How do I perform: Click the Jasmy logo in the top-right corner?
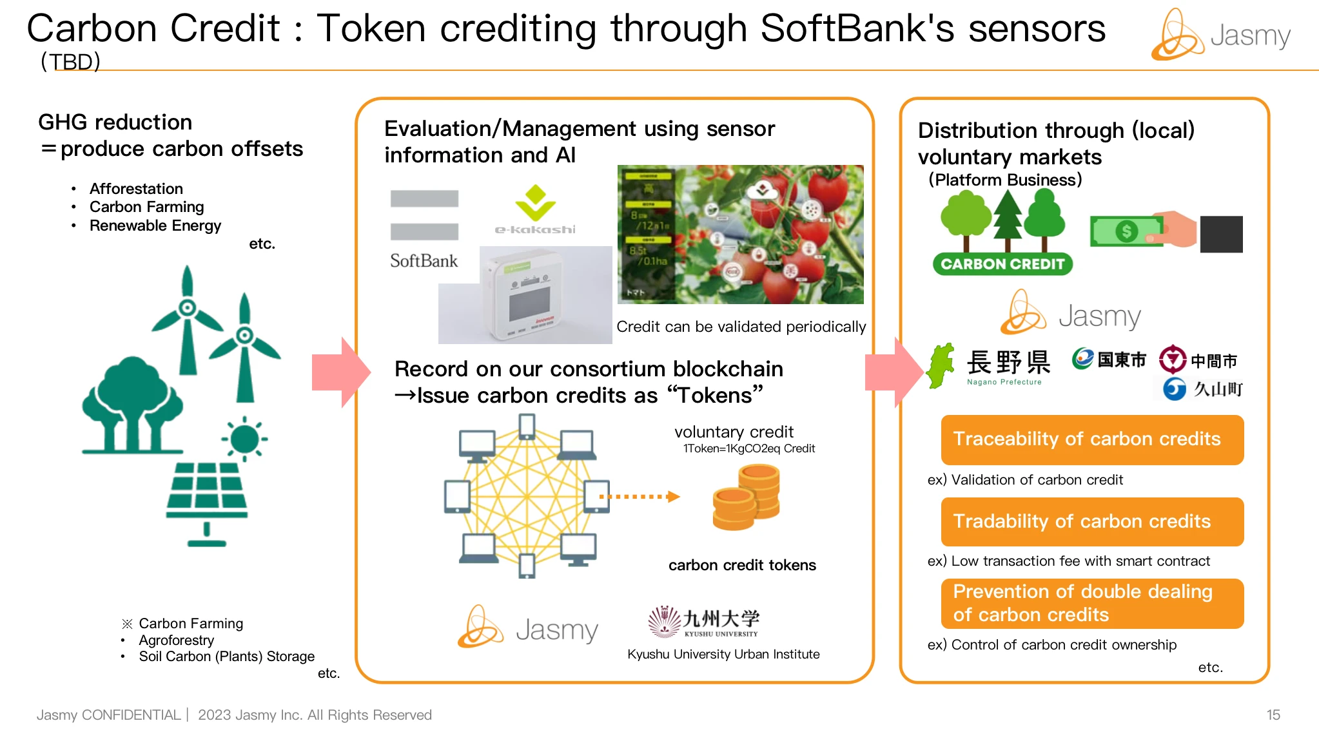[1220, 35]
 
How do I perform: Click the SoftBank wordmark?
[424, 261]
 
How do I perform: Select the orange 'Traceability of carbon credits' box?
[1091, 439]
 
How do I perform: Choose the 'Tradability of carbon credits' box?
[1091, 521]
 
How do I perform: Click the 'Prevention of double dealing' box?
[1091, 603]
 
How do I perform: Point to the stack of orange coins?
[747, 497]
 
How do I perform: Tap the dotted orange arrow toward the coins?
[639, 497]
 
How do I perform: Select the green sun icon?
[244, 439]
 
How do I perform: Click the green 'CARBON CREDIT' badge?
[1002, 264]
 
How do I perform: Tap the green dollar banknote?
[1126, 231]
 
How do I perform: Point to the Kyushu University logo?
[704, 622]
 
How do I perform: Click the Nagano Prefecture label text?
[1004, 382]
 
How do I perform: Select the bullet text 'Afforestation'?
[136, 189]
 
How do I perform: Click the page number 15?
[1273, 715]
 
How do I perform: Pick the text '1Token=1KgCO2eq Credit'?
[748, 448]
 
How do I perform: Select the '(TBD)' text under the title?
[70, 62]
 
